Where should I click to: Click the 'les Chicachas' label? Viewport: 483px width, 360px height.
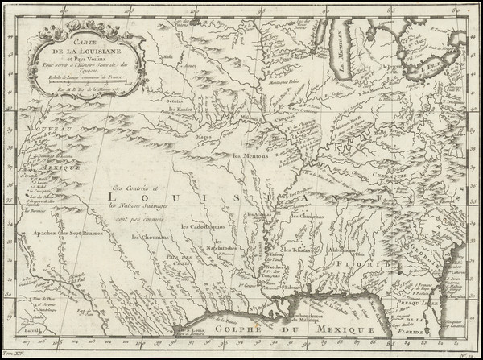tap(309, 215)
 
